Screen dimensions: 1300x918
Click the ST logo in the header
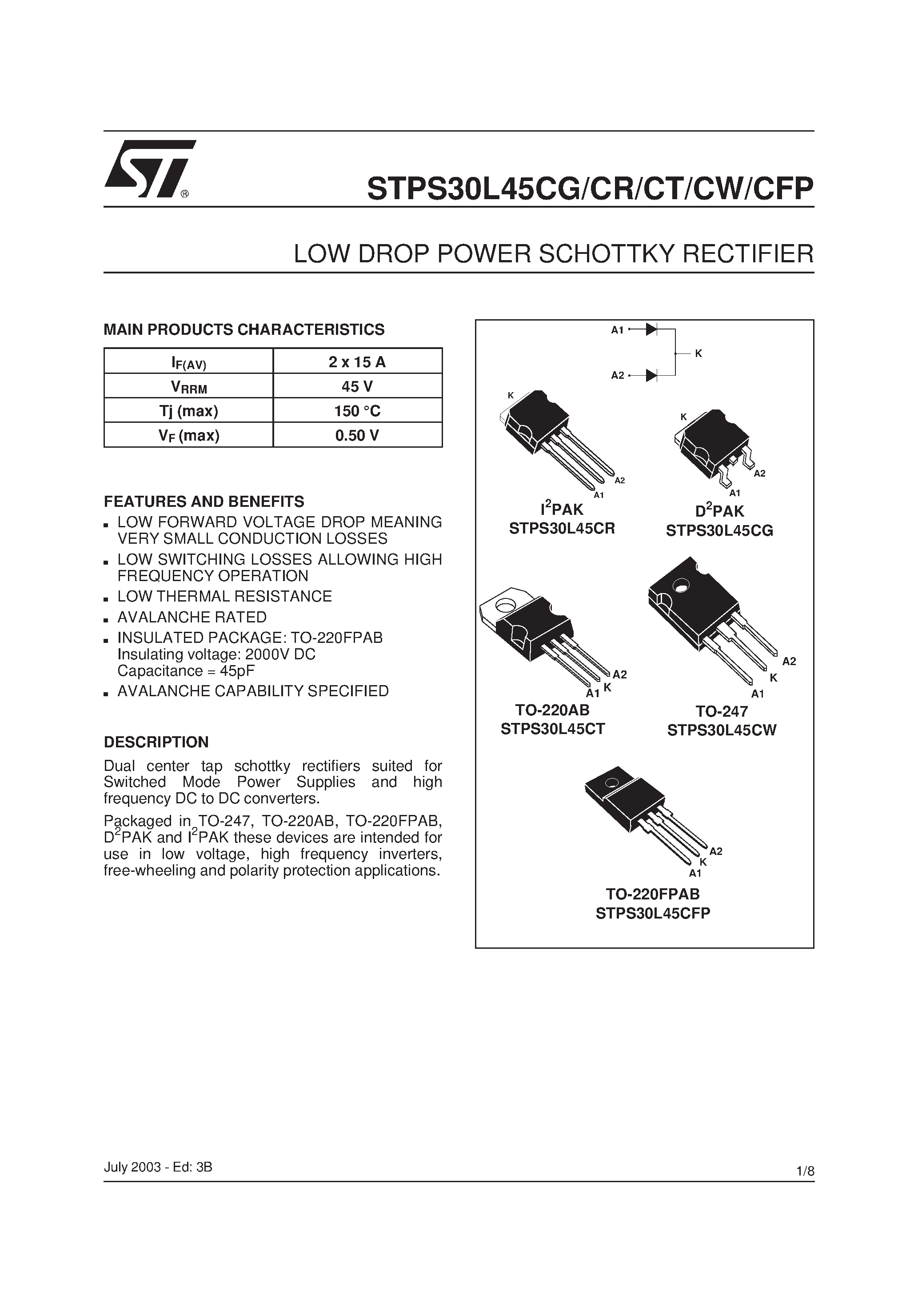(149, 168)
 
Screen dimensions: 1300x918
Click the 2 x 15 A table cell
(357, 361)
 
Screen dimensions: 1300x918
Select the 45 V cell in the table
(357, 386)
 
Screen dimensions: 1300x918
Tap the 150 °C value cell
(357, 410)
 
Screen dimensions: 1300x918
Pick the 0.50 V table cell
(357, 435)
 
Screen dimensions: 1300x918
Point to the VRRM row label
(189, 387)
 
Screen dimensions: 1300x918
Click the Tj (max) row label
(189, 410)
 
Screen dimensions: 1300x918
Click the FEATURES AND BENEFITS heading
(204, 502)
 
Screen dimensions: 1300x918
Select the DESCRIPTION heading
(156, 742)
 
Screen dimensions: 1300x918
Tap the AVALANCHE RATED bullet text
(192, 617)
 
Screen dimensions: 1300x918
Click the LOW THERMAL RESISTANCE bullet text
(225, 596)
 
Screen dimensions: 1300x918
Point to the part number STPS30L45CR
(562, 528)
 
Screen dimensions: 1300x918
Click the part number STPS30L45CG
(719, 530)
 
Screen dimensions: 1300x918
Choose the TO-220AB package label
(552, 710)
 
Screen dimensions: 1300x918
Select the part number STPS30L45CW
(722, 730)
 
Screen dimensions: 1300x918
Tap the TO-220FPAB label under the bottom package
(653, 894)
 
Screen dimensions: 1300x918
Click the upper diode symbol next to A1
(651, 329)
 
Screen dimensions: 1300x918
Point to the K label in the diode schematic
(698, 353)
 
